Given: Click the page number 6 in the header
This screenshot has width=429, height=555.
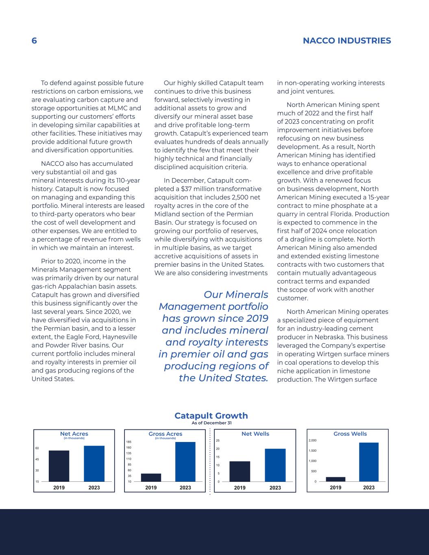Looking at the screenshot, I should click(x=34, y=41).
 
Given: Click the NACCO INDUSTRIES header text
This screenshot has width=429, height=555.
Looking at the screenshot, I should click(x=347, y=41).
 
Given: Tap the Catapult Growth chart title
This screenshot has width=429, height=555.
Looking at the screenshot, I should click(x=211, y=416).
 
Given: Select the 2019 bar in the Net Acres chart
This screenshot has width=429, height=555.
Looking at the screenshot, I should click(x=59, y=466).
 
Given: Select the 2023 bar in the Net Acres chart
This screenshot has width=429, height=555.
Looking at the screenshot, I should click(x=94, y=464).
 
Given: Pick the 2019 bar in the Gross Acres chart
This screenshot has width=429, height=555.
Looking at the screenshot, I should click(x=151, y=477).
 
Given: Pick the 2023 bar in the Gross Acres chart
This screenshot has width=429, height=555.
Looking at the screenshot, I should click(x=185, y=461).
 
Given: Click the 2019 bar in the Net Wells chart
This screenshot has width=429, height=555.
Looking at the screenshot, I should click(x=240, y=472).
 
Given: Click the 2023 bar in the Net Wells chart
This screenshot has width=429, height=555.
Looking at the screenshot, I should click(x=275, y=465).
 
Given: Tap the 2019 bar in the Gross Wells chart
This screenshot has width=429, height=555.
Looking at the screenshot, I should click(x=335, y=479).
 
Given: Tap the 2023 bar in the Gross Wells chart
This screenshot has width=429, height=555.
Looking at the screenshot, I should click(x=369, y=462).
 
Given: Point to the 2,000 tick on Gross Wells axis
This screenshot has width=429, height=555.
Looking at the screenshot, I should click(x=312, y=440).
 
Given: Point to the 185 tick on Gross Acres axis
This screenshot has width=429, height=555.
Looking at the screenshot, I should click(x=129, y=442).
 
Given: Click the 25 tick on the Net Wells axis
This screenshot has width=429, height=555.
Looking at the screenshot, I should click(x=218, y=440).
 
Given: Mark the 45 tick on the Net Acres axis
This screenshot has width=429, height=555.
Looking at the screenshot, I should click(x=37, y=459).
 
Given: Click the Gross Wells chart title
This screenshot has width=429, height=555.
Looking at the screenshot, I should click(x=350, y=434).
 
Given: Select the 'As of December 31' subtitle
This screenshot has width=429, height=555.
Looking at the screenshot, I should click(x=211, y=423).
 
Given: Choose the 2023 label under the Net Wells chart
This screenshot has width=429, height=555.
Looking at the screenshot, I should click(x=275, y=488).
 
